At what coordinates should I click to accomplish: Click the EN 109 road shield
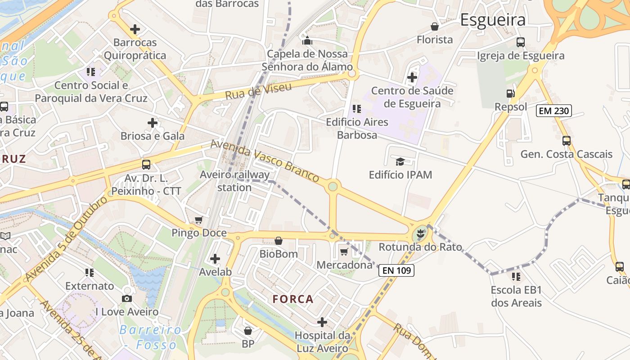click(x=396, y=270)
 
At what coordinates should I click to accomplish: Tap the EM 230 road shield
click(x=553, y=110)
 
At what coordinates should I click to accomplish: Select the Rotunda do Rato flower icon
click(x=420, y=233)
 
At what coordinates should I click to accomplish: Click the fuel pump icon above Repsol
click(x=511, y=94)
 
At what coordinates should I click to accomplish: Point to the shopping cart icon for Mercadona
click(x=344, y=252)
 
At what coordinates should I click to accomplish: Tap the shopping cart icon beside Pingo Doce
click(x=199, y=220)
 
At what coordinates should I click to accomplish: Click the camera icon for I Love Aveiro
click(x=127, y=298)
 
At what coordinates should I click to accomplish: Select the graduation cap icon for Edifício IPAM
click(x=400, y=162)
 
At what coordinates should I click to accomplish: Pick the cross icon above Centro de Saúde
click(x=412, y=77)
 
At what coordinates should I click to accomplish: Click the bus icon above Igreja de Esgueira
click(x=521, y=42)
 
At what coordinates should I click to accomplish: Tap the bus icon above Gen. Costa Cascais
click(x=567, y=140)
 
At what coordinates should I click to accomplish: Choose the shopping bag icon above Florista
click(x=435, y=27)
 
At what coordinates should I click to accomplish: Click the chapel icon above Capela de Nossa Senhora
click(x=307, y=41)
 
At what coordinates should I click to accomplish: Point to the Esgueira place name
click(x=493, y=20)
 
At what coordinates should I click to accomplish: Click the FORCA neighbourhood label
click(x=293, y=299)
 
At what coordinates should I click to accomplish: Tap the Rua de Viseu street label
click(x=258, y=91)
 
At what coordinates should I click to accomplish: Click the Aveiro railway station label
click(x=235, y=180)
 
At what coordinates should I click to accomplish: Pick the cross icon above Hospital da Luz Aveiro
click(x=322, y=322)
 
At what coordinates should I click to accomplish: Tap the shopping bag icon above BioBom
click(x=279, y=241)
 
